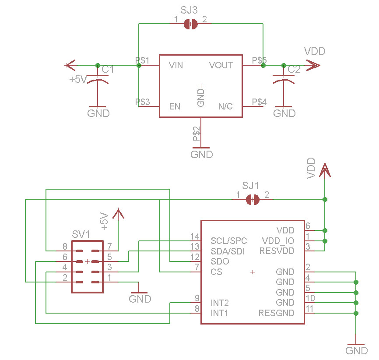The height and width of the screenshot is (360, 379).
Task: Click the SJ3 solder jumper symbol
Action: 191,24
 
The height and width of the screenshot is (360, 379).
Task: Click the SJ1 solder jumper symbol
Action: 253,199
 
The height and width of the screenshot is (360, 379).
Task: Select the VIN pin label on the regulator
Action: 176,65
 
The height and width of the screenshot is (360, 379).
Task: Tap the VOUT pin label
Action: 221,65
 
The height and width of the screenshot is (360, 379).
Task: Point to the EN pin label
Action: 175,106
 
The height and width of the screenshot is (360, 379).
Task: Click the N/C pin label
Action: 225,106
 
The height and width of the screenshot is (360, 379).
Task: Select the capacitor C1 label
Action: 108,69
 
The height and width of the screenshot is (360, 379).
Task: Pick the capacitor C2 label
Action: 294,69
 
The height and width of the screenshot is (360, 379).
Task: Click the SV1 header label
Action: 81,235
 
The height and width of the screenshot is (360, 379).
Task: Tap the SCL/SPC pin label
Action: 228,241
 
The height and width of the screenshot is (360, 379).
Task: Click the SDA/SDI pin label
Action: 228,251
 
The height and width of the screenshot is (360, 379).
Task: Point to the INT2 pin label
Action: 220,303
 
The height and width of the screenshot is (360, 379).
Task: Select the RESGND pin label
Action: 277,313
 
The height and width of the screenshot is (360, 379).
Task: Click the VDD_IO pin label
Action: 278,241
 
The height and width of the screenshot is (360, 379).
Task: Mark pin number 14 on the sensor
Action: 194,236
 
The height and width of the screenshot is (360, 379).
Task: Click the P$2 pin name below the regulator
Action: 197,133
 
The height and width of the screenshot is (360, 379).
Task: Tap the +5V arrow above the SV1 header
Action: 117,213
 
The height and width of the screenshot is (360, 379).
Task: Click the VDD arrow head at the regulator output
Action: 313,66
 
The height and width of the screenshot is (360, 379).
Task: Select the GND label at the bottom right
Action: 357,350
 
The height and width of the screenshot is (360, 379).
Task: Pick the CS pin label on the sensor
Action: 216,272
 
